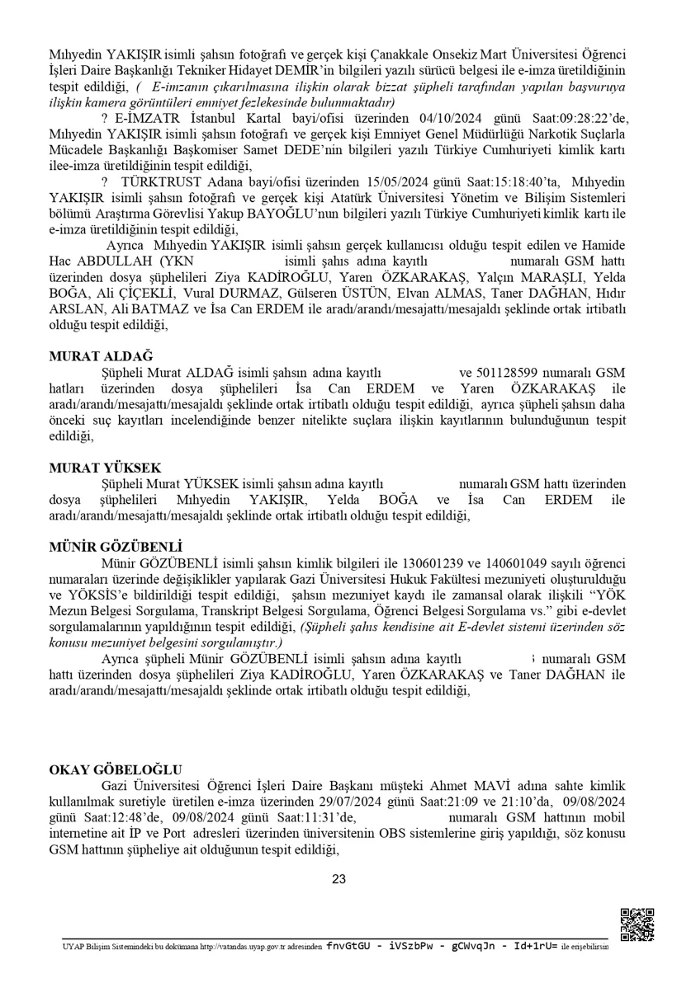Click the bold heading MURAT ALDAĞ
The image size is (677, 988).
91,356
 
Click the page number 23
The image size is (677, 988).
338,879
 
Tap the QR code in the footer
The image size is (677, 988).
637,924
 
